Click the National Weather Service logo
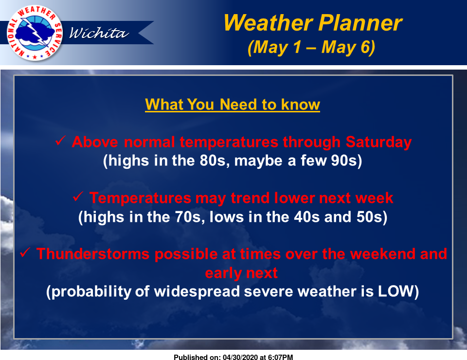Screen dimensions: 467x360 (x=35, y=33)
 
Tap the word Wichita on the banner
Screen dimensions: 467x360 (x=99, y=33)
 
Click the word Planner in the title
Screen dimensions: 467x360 (x=360, y=23)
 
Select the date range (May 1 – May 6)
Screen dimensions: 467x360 (x=311, y=47)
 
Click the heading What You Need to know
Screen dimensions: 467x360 (x=233, y=105)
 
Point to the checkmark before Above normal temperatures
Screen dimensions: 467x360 (x=60, y=141)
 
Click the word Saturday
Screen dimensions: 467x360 (x=378, y=142)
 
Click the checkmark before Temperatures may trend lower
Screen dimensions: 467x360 (x=78, y=197)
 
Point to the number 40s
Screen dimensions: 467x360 (x=307, y=217)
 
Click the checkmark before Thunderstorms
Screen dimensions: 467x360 (x=25, y=252)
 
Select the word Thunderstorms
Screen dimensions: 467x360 (x=93, y=254)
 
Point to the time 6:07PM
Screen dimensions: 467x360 (x=280, y=357)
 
